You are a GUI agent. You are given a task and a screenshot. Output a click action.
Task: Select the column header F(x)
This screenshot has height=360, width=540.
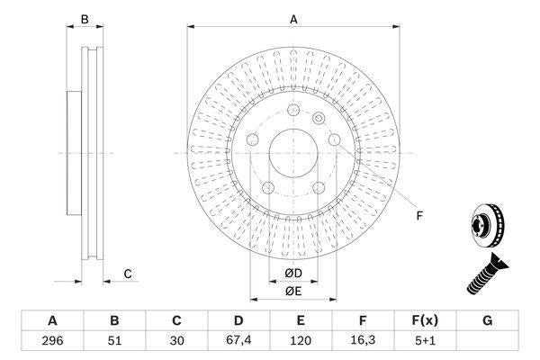point(425,320)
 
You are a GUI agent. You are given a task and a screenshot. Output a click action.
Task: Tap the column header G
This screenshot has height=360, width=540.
point(487,320)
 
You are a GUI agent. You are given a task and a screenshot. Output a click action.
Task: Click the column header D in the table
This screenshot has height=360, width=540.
point(238,320)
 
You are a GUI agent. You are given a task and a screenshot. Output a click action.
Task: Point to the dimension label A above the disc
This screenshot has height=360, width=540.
point(293,19)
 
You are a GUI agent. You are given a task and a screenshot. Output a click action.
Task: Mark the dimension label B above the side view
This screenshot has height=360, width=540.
point(85,19)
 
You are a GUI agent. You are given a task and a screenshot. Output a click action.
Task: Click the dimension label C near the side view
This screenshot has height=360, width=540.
point(128,274)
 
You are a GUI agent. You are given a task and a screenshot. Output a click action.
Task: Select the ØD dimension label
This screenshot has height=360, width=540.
point(293,273)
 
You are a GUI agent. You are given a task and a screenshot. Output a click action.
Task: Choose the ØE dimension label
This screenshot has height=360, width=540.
point(293,291)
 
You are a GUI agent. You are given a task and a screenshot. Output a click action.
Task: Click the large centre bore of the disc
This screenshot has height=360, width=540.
point(293,153)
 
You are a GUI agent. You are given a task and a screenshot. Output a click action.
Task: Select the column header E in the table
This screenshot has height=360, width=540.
point(301,320)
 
